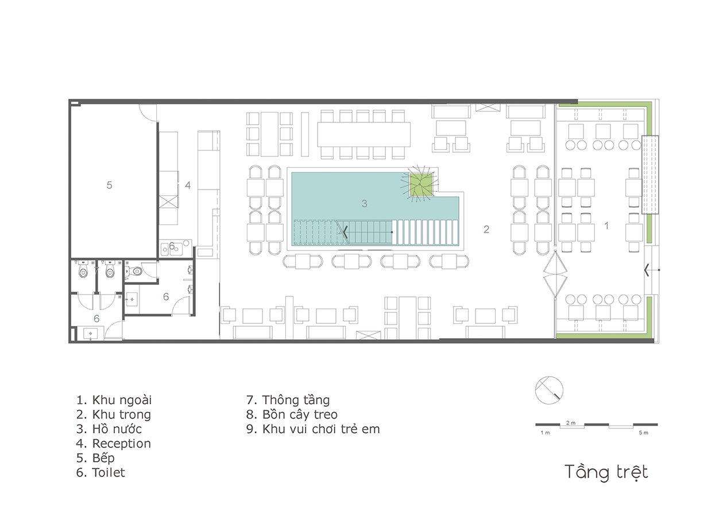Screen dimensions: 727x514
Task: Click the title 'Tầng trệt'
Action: (606, 473)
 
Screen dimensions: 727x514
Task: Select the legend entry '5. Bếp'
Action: (95, 458)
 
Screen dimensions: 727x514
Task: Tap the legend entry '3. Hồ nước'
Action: (109, 428)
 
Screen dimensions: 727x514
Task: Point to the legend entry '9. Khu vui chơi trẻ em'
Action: (313, 429)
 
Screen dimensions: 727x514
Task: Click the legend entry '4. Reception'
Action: (114, 443)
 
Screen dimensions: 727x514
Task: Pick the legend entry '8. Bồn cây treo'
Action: (292, 415)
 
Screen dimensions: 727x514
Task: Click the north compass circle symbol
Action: (549, 390)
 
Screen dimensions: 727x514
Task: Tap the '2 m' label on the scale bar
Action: (571, 423)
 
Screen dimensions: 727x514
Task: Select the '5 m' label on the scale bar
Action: (644, 432)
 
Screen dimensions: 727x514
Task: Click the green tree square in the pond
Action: (421, 184)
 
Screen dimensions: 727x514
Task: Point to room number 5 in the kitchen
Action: (109, 185)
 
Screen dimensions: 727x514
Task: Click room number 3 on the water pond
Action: (365, 203)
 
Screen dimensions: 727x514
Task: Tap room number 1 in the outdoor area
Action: (606, 226)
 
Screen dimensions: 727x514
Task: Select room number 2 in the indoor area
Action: (486, 229)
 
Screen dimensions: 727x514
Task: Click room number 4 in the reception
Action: (188, 185)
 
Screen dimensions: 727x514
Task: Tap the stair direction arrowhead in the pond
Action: (345, 232)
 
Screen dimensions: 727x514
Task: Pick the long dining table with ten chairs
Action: (364, 134)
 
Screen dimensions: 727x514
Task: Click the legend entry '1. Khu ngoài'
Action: (114, 400)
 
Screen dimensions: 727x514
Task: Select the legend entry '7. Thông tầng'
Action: (288, 400)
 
